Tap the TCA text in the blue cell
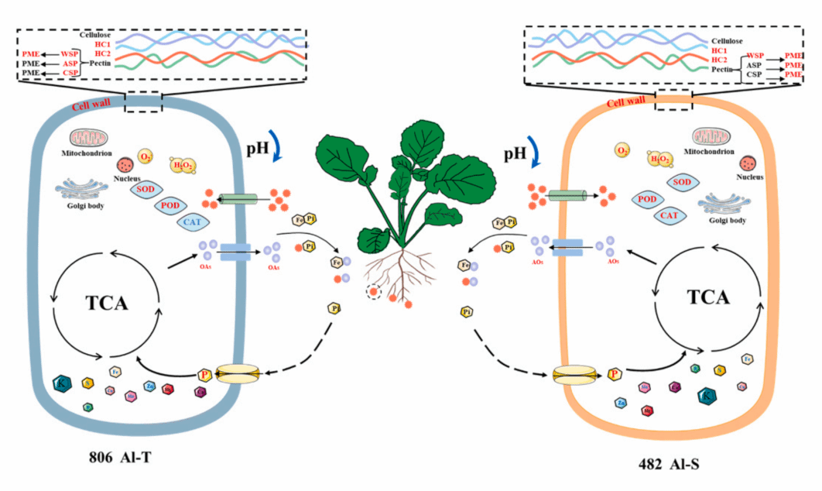tap(105, 303)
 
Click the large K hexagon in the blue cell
tap(61, 383)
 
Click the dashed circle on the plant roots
tap(375, 292)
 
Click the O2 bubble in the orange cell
tap(621, 149)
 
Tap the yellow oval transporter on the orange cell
tap(577, 376)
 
